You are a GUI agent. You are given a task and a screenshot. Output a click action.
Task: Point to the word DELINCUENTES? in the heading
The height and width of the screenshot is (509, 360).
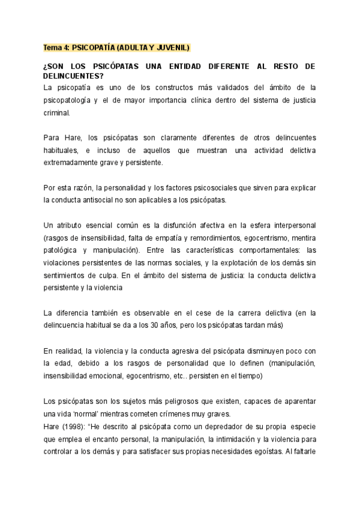[74, 76]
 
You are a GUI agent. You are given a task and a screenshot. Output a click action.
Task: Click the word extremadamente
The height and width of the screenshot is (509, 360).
[76, 162]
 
